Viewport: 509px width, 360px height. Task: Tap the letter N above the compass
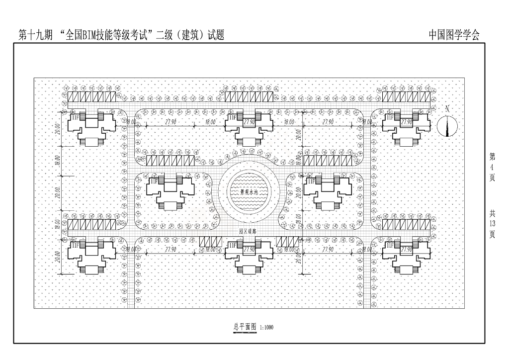[447, 108]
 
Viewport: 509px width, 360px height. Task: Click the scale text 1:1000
[266, 328]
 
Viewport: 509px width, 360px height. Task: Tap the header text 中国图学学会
[454, 35]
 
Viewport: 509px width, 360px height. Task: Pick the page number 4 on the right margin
[492, 167]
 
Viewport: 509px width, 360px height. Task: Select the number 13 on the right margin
[492, 224]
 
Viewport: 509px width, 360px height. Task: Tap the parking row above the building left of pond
[170, 161]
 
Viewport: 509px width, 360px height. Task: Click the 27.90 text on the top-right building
[407, 122]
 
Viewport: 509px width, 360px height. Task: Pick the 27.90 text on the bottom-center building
[250, 249]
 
